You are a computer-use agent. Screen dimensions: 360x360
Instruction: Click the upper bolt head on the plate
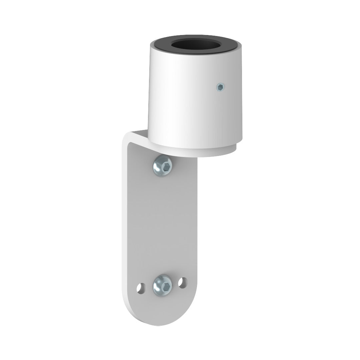163,166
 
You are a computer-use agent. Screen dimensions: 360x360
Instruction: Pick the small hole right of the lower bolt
182,283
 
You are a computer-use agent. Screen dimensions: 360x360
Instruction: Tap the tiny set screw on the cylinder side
220,87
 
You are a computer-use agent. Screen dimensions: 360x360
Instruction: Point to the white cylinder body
187,100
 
